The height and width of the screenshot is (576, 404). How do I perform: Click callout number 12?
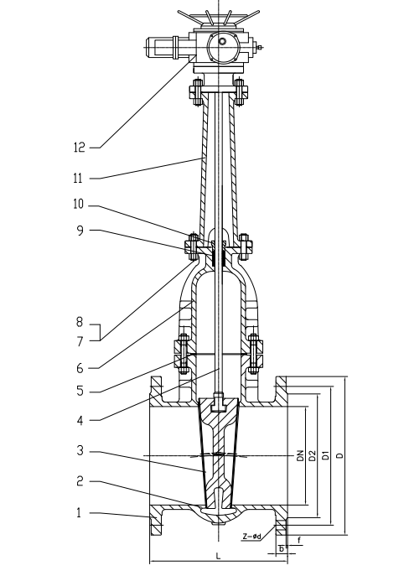coord(80,148)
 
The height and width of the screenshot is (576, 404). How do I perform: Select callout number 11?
coord(79,178)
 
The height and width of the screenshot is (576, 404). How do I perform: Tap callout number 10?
coord(79,205)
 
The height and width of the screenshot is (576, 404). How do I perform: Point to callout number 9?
coord(80,231)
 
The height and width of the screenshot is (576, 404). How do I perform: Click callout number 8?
coord(80,322)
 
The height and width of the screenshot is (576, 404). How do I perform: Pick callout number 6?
coord(80,368)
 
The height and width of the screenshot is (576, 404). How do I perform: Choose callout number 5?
coord(80,391)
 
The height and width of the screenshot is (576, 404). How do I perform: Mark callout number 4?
coord(80,420)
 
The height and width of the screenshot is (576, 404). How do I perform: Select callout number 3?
coord(80,450)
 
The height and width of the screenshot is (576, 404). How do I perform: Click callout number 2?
coord(80,481)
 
